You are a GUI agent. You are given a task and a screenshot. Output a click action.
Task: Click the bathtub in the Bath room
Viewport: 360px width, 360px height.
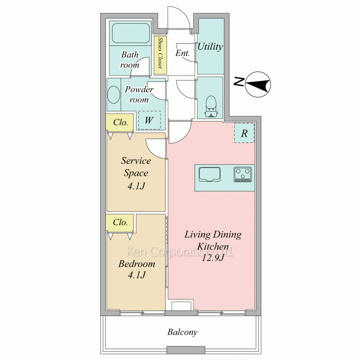point(131,33)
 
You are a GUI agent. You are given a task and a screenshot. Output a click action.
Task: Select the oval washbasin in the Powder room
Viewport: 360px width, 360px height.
point(113,95)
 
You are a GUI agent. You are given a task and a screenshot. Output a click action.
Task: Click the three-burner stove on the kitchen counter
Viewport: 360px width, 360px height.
point(243,175)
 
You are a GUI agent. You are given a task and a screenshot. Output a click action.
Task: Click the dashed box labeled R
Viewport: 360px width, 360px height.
point(244,133)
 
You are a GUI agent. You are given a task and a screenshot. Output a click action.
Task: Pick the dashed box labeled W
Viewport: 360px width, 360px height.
point(149,120)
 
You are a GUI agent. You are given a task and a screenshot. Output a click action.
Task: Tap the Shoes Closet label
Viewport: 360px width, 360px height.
point(160,53)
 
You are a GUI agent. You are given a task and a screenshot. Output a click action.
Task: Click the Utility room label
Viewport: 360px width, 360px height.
point(210,46)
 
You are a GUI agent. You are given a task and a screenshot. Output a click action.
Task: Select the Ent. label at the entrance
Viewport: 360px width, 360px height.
point(183,53)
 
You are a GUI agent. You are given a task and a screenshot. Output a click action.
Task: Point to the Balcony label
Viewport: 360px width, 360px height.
point(182,332)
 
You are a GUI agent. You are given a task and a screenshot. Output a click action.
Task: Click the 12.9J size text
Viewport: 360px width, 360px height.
point(213,258)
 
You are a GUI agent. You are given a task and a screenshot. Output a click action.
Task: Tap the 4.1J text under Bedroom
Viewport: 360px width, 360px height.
point(137,275)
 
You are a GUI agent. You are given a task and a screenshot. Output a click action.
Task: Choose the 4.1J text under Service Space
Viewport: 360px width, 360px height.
point(136,186)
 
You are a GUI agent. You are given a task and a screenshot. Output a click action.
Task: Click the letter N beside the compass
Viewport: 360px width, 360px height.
point(239,82)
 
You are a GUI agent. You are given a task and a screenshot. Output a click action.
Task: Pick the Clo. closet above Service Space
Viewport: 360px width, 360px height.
point(120,123)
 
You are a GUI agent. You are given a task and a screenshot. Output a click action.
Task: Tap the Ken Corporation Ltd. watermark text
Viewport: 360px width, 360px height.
point(180,252)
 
